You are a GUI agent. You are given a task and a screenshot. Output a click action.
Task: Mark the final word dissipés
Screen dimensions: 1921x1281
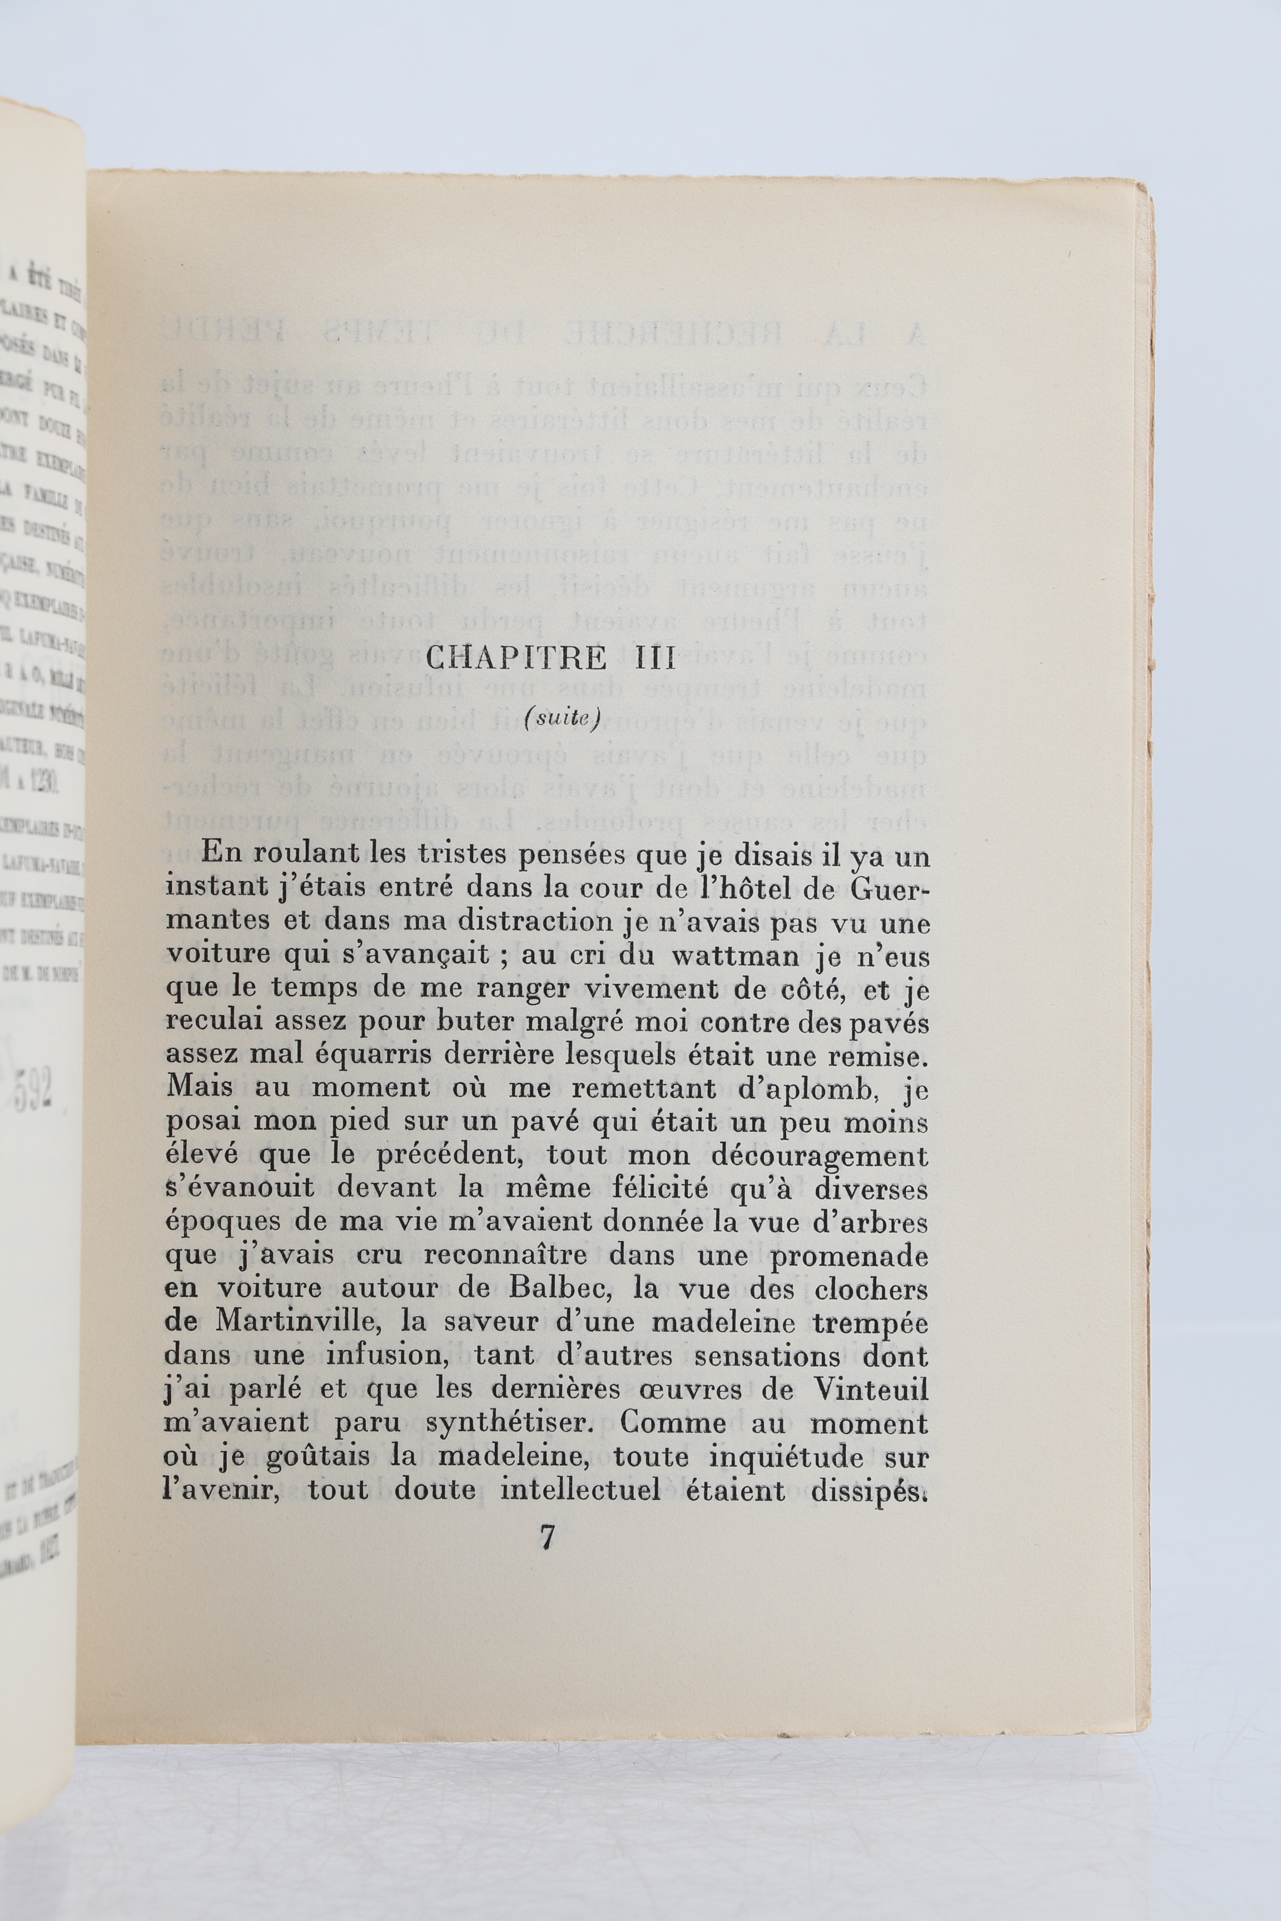(871, 1489)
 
